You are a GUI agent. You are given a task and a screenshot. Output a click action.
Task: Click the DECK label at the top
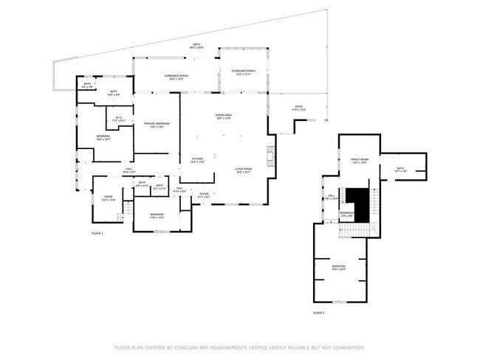pos(196,46)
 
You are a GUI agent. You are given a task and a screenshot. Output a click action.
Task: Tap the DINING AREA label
pos(224,117)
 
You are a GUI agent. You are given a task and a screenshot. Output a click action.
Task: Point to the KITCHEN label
pos(198,160)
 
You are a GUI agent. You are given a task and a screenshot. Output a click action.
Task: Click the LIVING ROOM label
pos(244,170)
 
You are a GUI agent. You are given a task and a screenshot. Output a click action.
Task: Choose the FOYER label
pos(204,195)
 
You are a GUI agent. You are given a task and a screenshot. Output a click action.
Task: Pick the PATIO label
pos(299,108)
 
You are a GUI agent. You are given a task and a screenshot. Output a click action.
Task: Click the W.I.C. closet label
pos(119,119)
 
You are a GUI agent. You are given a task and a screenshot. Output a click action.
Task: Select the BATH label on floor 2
pos(400,169)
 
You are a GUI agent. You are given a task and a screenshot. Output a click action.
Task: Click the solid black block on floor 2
pos(358,201)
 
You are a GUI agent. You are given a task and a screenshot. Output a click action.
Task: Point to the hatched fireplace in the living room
pos(271,155)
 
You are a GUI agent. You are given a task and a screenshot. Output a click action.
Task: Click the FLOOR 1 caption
pos(97,233)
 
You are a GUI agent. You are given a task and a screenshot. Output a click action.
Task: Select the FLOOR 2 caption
pos(318,314)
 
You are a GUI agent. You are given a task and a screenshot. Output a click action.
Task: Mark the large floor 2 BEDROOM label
pos(338,267)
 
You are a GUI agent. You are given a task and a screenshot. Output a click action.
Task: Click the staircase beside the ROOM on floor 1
pos(128,210)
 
